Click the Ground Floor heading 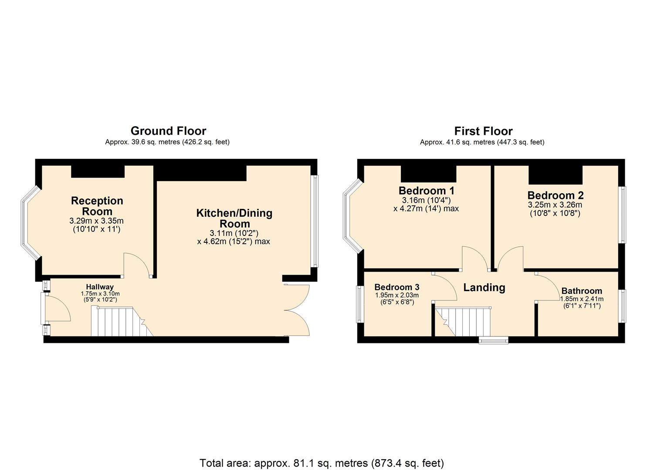pyautogui.click(x=168, y=131)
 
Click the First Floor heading pyautogui.click(x=483, y=131)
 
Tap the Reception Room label pyautogui.click(x=97, y=206)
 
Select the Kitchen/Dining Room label pyautogui.click(x=234, y=218)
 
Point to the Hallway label pyautogui.click(x=100, y=287)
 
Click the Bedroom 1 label pyautogui.click(x=427, y=191)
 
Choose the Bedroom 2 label pyautogui.click(x=556, y=195)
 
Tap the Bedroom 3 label pyautogui.click(x=397, y=287)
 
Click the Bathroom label pyautogui.click(x=582, y=291)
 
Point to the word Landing pyautogui.click(x=484, y=288)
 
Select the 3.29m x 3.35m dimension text pyautogui.click(x=96, y=221)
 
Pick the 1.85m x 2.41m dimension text pyautogui.click(x=582, y=299)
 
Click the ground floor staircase pyautogui.click(x=122, y=322)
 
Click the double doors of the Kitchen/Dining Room pyautogui.click(x=297, y=310)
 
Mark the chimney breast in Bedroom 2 pyautogui.click(x=556, y=175)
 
